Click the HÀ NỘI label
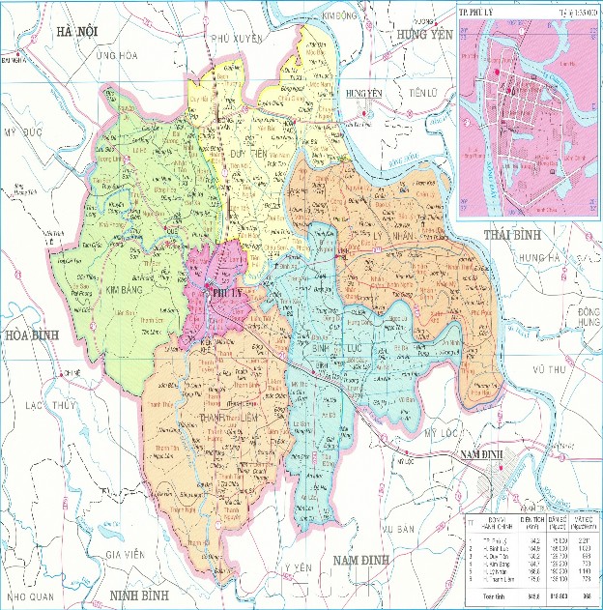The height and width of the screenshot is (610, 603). point(78,33)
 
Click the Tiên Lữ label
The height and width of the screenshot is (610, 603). point(422,92)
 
